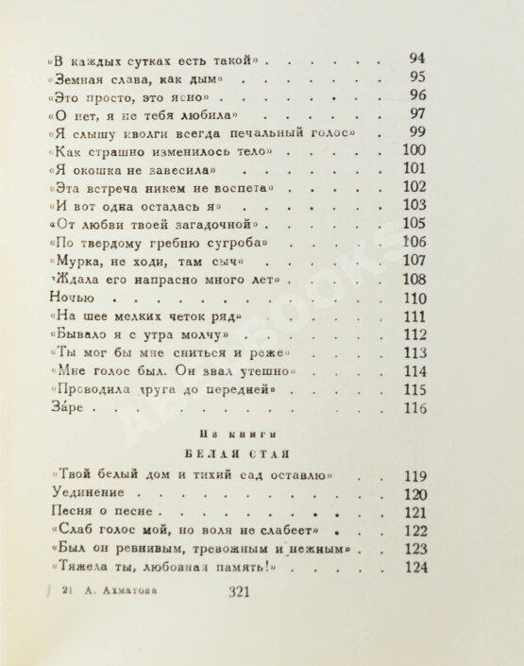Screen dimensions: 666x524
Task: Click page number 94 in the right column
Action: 416,60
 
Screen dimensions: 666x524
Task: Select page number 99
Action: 416,132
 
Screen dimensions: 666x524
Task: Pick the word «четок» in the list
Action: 174,316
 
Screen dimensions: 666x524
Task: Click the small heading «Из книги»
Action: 219,435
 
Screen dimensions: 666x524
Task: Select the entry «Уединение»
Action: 86,494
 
